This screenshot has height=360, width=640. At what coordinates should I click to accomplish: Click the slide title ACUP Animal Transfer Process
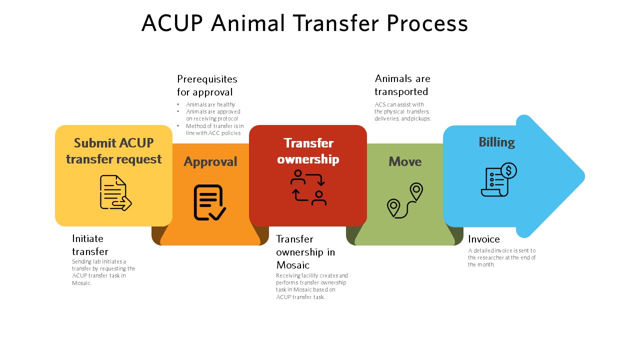pyautogui.click(x=304, y=23)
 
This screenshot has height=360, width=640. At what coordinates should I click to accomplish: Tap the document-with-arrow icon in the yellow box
pyautogui.click(x=115, y=193)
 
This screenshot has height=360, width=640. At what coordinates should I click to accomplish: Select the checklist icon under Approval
pyautogui.click(x=209, y=202)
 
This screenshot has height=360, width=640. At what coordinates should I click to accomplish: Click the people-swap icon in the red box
pyautogui.click(x=308, y=187)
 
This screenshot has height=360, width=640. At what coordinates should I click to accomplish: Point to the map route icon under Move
pyautogui.click(x=405, y=200)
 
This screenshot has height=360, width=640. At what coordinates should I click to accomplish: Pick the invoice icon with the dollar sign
pyautogui.click(x=499, y=179)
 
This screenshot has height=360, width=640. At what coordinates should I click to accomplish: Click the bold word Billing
pyautogui.click(x=497, y=142)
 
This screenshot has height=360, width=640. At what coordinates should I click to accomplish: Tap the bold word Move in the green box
pyautogui.click(x=405, y=161)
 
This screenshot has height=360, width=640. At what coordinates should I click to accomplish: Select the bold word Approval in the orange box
pyautogui.click(x=210, y=162)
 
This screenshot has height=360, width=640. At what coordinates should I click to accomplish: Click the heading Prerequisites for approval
pyautogui.click(x=207, y=85)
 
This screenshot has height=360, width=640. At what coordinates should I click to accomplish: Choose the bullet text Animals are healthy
pyautogui.click(x=210, y=104)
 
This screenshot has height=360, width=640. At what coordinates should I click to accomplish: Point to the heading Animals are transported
pyautogui.click(x=402, y=85)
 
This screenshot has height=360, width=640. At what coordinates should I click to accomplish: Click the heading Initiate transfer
pyautogui.click(x=90, y=245)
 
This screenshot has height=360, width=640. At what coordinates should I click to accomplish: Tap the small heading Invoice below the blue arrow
pyautogui.click(x=483, y=239)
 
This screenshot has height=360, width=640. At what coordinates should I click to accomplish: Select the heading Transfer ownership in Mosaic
pyautogui.click(x=305, y=251)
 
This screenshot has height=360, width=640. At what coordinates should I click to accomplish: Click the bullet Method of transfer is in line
pyautogui.click(x=214, y=129)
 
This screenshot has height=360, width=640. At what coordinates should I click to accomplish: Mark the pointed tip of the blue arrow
pyautogui.click(x=584, y=176)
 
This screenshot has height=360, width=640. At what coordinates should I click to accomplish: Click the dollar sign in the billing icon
pyautogui.click(x=508, y=171)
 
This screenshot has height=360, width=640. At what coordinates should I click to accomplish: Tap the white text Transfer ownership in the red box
pyautogui.click(x=308, y=151)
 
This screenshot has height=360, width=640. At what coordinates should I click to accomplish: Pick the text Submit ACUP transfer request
pyautogui.click(x=113, y=151)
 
